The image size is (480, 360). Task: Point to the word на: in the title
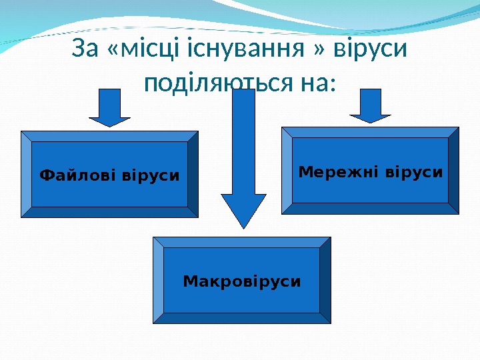pos(315,84)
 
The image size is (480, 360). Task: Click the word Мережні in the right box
pos(337,172)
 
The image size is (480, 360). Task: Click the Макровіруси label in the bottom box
pos(242,281)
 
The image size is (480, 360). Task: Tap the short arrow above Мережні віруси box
pos(371,105)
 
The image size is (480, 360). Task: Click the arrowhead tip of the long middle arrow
pos(244,225)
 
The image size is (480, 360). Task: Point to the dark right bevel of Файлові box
pos(193,175)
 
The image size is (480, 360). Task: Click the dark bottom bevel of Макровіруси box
pos(242,318)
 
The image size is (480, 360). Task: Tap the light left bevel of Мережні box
pos(287,171)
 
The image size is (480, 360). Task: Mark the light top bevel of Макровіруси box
pos(242,242)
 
